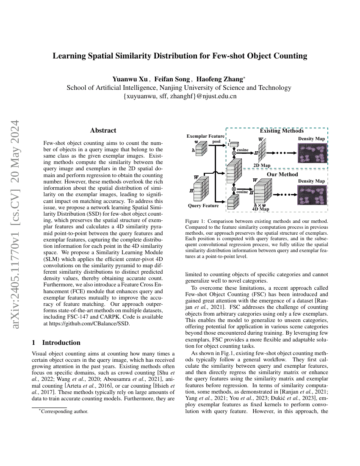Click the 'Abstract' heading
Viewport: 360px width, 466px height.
103,130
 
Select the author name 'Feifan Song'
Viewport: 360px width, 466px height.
172,79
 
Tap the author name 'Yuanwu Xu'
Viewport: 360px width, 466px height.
130,79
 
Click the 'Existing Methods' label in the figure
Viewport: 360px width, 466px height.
282,131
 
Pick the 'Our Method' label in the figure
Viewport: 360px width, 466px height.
282,174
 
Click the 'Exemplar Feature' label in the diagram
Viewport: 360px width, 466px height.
206,136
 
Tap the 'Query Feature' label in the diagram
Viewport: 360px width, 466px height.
203,205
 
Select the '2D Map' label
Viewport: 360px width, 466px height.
262,165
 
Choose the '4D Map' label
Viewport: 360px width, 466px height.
260,209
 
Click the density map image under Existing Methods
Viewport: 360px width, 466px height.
312,153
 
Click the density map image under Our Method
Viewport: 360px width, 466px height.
312,195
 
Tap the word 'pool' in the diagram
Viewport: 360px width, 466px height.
216,141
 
